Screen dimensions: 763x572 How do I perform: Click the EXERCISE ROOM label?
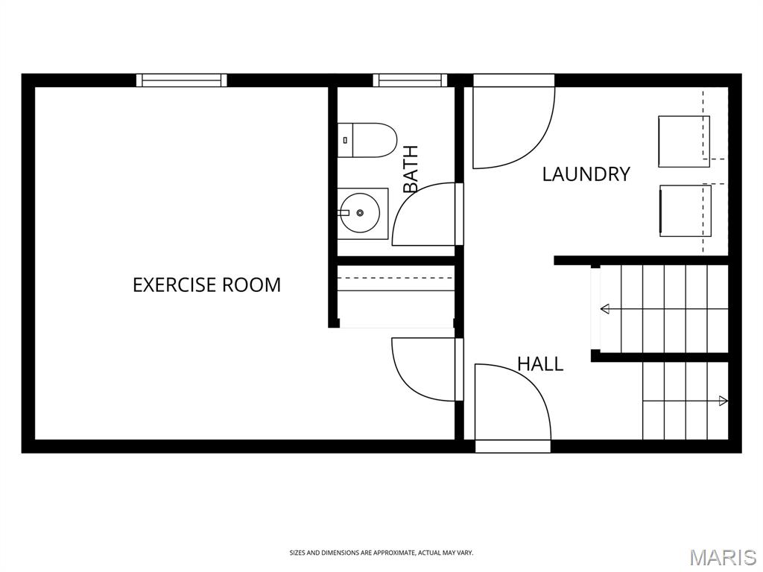[207, 285]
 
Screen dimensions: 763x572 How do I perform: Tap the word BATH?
[411, 169]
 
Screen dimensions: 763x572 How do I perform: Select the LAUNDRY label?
[586, 174]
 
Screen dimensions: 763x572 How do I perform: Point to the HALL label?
[540, 363]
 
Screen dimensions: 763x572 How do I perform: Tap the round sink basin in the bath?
[358, 213]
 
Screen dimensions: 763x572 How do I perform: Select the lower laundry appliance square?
[686, 211]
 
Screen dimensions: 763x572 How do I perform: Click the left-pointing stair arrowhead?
[605, 308]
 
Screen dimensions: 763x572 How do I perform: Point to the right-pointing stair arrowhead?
[724, 401]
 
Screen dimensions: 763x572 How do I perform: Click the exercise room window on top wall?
[182, 80]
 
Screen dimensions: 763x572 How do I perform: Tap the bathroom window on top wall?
[410, 80]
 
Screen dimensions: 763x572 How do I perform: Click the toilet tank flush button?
[345, 140]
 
